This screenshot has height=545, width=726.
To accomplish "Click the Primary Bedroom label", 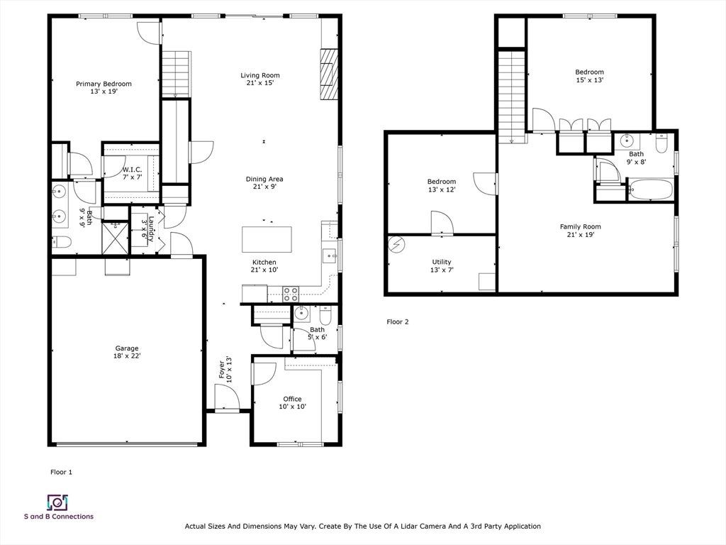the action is (104, 84).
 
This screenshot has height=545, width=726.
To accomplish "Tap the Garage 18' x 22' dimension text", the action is (127, 356).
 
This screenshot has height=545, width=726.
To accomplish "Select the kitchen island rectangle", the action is (267, 239).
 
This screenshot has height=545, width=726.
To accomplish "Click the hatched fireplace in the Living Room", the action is (329, 74).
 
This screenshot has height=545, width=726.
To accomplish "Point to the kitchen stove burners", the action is (291, 294).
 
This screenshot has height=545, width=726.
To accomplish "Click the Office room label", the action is (293, 399).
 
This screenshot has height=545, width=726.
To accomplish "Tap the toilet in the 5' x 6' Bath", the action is (325, 315).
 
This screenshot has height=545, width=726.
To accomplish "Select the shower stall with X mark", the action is (116, 237).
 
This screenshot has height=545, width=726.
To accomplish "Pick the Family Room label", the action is (580, 226).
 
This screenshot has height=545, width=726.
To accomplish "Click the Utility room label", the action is (442, 262).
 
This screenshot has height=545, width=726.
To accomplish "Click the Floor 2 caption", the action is (398, 321).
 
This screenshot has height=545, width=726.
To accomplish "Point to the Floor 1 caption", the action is (61, 472).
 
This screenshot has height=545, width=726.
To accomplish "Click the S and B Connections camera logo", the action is (58, 502).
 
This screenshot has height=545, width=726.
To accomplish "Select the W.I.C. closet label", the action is (133, 170).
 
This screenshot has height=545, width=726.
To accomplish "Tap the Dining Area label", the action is (264, 179).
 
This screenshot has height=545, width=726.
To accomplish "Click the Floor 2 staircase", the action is (512, 97).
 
